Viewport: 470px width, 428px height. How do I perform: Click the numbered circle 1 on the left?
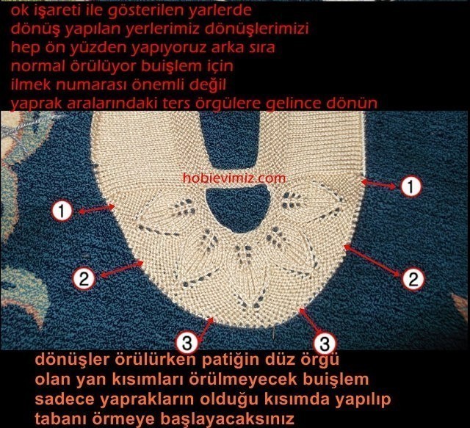pos(62,211)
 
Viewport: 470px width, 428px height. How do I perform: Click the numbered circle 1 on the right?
pos(411,186)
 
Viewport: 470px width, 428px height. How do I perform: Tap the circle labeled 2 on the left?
pos(84,278)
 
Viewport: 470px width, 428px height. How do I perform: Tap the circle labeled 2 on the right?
pos(413,279)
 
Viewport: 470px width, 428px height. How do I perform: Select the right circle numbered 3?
pos(325,344)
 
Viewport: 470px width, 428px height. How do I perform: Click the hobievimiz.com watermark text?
pos(234,178)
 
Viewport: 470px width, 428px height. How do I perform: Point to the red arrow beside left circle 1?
pos(96,209)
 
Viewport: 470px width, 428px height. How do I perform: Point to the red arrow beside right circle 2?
pos(372,261)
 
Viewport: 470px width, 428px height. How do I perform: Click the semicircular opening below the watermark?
pos(236,208)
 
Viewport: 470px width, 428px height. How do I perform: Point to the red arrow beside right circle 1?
pos(379,184)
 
